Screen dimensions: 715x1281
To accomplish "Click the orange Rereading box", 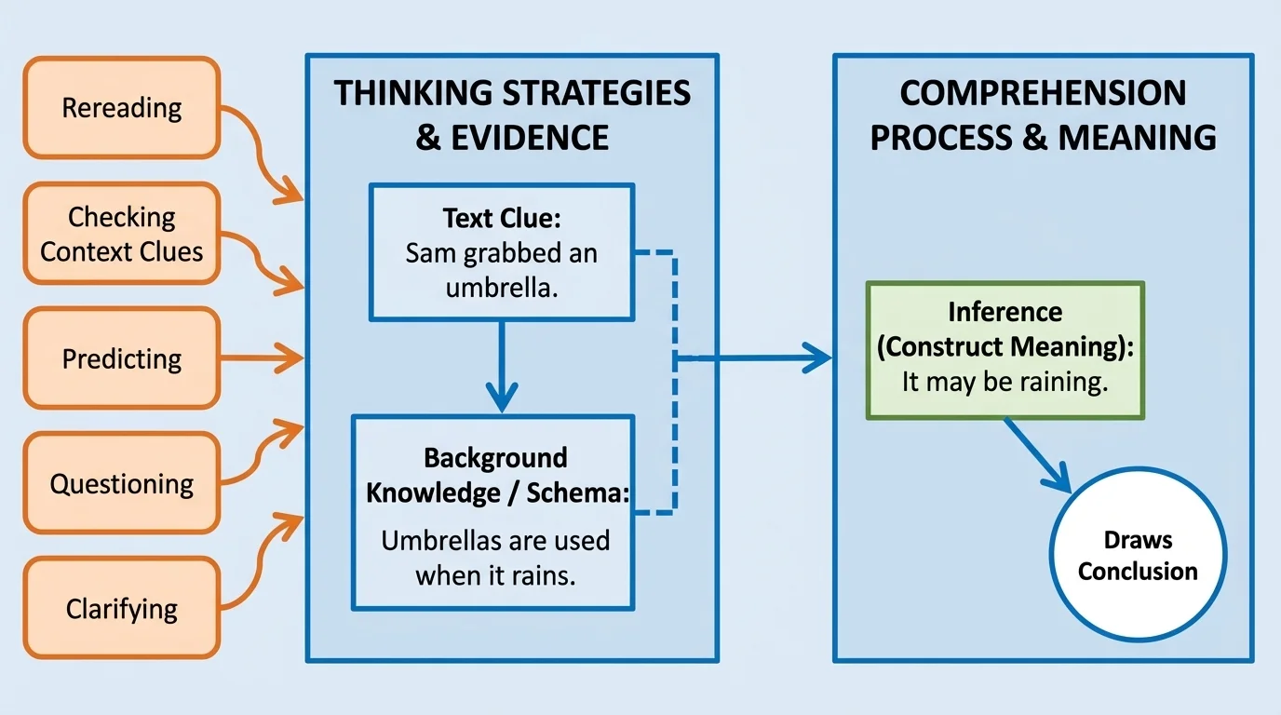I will point(121,108).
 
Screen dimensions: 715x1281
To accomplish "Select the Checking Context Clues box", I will point(121,234).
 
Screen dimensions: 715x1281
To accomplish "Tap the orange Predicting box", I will point(121,359).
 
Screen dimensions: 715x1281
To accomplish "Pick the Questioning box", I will point(121,484).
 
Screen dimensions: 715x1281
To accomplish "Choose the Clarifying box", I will point(121,609).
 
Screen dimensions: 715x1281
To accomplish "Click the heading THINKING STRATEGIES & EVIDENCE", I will point(512,115).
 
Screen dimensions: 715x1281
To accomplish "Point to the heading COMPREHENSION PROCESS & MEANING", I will point(1043,115).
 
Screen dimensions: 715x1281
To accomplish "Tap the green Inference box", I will point(1005,350).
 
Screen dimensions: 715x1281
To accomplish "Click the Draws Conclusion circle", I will point(1138,556).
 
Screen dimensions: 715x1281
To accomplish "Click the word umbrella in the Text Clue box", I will point(500,288).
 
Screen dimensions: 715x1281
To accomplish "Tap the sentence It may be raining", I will point(1005,382).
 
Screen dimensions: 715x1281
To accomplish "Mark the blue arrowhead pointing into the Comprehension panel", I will point(816,357).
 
